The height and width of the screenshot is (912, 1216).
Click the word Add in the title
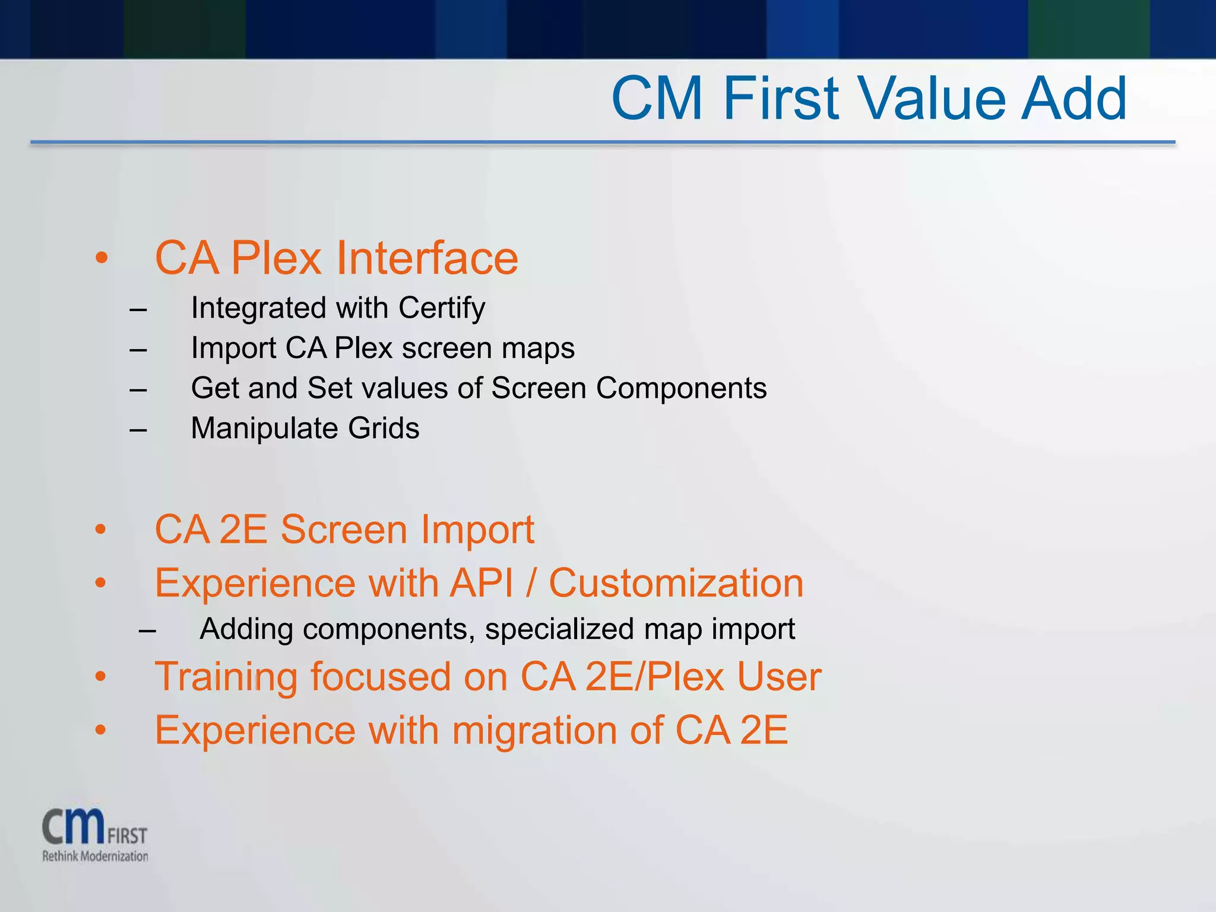1073,99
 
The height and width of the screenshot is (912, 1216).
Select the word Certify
442,309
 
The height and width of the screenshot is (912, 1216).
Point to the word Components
681,388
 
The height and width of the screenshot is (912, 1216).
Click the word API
482,583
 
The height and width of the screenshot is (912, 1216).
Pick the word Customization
676,583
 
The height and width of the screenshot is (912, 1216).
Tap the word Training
226,677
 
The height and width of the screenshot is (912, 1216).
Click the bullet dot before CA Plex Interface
102,258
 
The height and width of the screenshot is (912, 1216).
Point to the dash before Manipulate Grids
138,429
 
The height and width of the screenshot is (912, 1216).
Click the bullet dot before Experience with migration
101,731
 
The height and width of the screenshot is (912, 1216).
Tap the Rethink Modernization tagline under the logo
95,856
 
